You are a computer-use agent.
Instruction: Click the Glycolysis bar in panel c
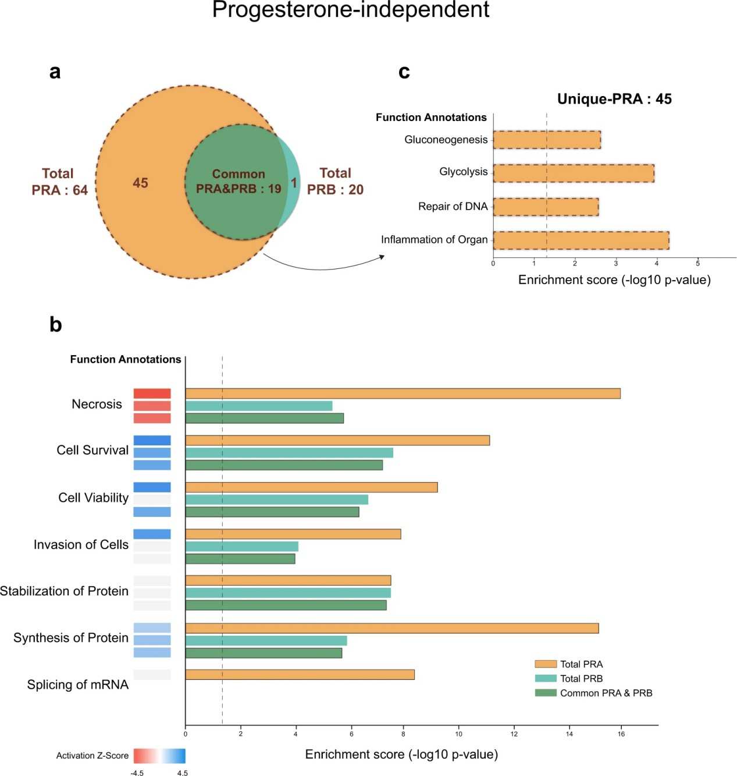[x=573, y=173]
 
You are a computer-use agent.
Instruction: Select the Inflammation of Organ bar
[x=581, y=240]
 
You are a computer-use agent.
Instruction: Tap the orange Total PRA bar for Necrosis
[x=403, y=394]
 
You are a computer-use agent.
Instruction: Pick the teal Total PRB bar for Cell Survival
[x=289, y=453]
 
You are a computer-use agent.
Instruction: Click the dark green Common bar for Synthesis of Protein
[x=264, y=653]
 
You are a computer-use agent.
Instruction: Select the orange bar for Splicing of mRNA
[x=300, y=675]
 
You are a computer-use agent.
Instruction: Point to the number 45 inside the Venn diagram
[x=140, y=183]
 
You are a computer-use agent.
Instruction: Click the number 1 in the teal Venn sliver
[x=294, y=183]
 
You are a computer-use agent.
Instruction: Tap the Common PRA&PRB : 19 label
[x=238, y=181]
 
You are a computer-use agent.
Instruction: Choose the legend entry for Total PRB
[x=581, y=678]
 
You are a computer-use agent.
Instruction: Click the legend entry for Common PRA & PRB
[x=606, y=693]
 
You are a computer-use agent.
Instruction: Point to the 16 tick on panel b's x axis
[x=621, y=734]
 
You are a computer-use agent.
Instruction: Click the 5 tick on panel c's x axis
[x=697, y=263]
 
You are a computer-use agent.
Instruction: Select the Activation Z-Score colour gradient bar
[x=159, y=756]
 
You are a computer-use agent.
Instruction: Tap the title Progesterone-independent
[x=351, y=10]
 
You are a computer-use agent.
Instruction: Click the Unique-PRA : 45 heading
[x=614, y=99]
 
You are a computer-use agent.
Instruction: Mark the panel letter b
[x=56, y=324]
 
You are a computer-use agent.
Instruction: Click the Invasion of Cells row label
[x=81, y=544]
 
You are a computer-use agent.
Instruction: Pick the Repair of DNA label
[x=453, y=206]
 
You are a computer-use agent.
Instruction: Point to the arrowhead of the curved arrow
[x=382, y=256]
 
